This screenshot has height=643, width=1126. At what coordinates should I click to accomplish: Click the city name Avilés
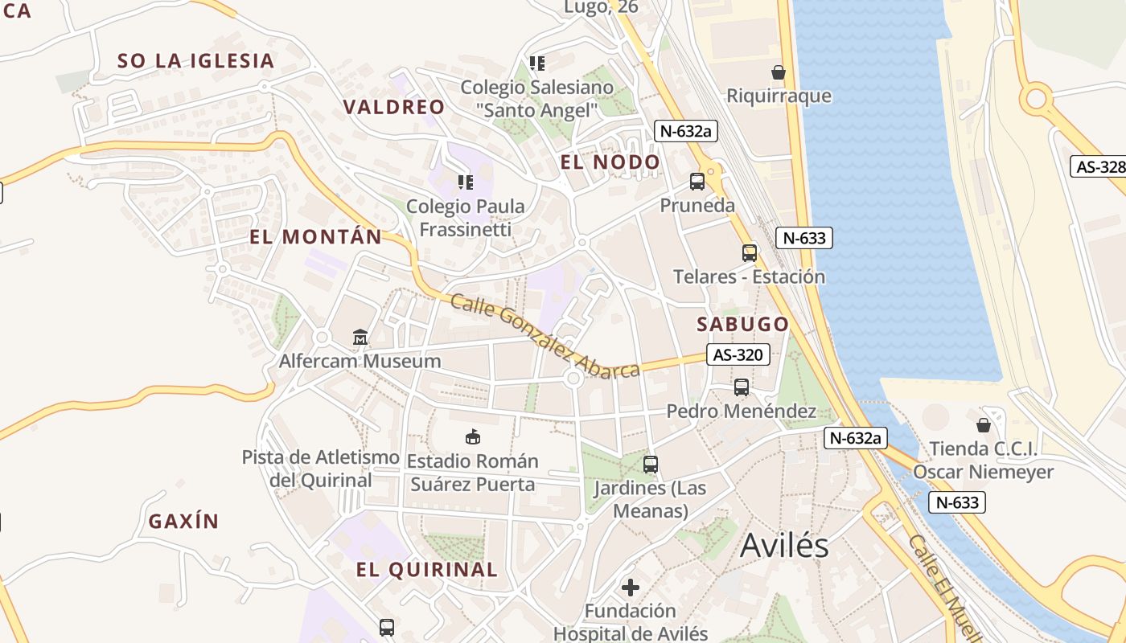(784, 545)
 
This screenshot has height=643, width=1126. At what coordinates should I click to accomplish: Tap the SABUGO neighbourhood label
(742, 324)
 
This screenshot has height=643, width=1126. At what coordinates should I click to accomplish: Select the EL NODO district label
(610, 162)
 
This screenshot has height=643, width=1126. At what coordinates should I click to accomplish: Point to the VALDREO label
(394, 107)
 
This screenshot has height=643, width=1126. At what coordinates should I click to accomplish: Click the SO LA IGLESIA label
(196, 60)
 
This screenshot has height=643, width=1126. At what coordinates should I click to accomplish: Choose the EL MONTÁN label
(315, 236)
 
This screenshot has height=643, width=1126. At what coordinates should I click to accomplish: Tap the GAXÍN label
(183, 521)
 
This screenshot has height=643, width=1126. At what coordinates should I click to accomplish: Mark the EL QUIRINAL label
(427, 570)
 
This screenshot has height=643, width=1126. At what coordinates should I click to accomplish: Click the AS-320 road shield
(738, 354)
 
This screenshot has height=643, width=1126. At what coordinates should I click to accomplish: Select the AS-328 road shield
(1099, 166)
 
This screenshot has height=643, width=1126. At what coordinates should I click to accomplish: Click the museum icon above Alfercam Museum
(360, 338)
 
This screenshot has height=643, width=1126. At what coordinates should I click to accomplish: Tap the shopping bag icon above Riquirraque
(778, 72)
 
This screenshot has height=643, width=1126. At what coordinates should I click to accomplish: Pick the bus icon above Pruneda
(697, 182)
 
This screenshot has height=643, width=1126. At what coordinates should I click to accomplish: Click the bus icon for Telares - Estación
(750, 253)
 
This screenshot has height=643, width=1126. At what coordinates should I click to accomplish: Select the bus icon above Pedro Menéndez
(742, 387)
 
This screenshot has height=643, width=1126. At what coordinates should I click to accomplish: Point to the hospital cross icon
(631, 588)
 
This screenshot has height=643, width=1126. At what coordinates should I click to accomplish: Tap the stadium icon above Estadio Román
(473, 437)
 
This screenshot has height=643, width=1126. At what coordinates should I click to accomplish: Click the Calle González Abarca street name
(545, 336)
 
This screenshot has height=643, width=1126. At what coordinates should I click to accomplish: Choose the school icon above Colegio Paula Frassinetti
(465, 182)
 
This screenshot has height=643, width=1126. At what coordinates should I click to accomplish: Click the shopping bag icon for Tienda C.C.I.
(983, 424)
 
